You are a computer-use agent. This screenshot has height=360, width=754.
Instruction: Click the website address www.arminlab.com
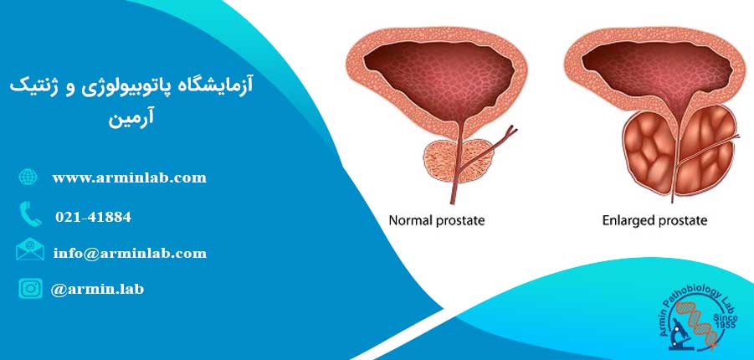point(130,178)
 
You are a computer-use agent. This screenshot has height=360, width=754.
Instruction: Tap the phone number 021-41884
point(93,217)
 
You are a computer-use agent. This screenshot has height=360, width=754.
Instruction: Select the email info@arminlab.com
point(131,253)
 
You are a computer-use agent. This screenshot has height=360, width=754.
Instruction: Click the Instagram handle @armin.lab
point(97,289)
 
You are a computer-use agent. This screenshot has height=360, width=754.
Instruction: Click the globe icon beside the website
point(28,177)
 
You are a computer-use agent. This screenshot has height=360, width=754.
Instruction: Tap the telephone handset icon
point(30,213)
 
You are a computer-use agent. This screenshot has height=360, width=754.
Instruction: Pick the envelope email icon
point(30,249)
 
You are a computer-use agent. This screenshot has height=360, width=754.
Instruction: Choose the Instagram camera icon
point(30,288)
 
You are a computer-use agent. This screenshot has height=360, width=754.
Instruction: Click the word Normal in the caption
point(409,221)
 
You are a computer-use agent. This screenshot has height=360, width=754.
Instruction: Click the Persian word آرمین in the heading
point(131,118)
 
